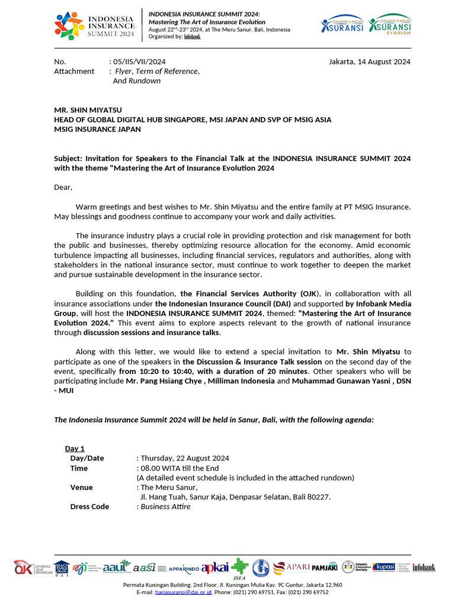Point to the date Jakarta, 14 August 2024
(369, 62)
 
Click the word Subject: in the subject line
(68, 159)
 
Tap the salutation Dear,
(63, 187)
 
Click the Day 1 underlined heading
(75, 449)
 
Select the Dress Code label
(89, 507)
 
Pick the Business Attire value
(165, 507)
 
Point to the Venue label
(81, 487)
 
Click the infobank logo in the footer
(424, 568)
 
